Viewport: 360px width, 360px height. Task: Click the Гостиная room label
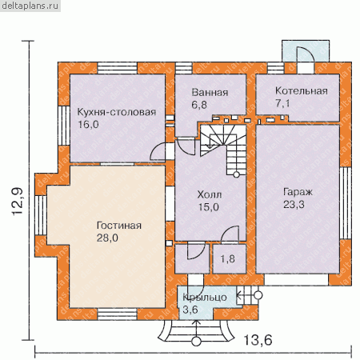[119, 226]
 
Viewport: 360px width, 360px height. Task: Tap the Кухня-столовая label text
[117, 112]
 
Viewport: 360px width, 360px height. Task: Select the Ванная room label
[210, 92]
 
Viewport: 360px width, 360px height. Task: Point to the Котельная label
[302, 91]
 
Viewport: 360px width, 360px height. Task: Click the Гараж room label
[298, 192]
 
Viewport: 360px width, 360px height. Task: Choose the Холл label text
[210, 194]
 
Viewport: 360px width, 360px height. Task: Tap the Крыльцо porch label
[205, 298]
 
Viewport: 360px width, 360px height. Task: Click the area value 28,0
[107, 238]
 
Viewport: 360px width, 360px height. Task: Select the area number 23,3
[294, 205]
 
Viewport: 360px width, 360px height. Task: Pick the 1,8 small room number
[228, 258]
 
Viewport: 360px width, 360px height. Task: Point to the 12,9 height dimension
[18, 202]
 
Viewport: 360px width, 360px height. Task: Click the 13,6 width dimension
[258, 340]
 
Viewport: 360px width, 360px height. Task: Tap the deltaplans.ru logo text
[30, 6]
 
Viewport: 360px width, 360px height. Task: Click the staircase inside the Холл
[223, 150]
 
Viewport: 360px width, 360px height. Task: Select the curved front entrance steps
[196, 330]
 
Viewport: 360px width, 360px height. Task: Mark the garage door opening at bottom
[296, 280]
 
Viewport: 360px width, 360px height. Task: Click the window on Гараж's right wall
[346, 202]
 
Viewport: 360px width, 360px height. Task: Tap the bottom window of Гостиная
[118, 314]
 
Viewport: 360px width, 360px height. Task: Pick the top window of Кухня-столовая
[118, 68]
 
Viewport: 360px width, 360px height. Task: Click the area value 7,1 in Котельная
[282, 103]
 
